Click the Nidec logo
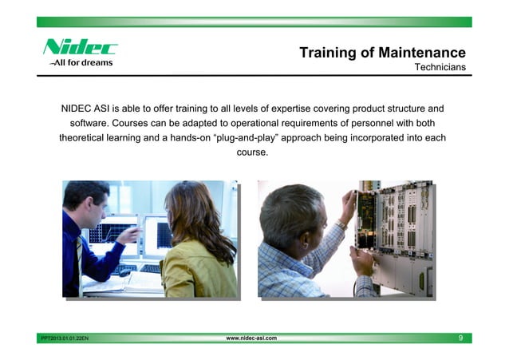coord(80,47)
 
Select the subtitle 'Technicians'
coord(440,68)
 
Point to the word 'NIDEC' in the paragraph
coord(79,108)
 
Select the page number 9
coord(461,339)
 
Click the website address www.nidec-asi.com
coord(251,339)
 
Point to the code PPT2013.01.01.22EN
coord(65,340)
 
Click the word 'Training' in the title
coord(328,53)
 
